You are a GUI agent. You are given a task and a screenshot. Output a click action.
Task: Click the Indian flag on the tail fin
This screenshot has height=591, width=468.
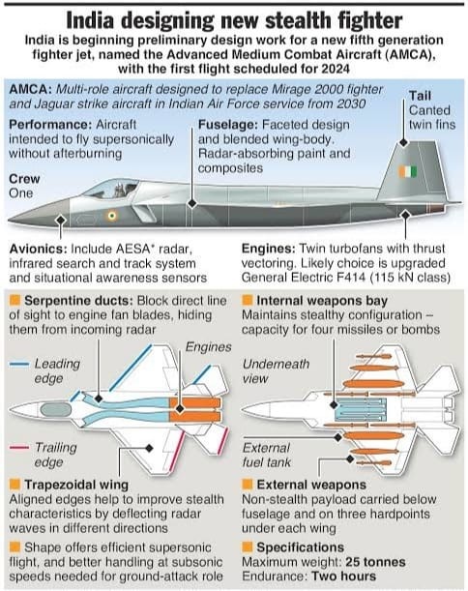[407, 171]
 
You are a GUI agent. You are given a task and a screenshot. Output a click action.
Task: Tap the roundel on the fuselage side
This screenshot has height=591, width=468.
[111, 216]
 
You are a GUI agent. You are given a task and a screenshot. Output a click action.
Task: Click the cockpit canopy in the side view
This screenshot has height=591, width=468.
[110, 189]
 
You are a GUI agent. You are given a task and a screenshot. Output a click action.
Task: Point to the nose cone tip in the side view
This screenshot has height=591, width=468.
[9, 221]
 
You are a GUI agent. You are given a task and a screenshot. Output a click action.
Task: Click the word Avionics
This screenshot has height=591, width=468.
[38, 249]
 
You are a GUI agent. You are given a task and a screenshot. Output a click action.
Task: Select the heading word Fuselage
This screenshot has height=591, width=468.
[228, 125]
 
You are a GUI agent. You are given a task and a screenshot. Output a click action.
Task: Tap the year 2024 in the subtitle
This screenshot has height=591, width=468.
[335, 69]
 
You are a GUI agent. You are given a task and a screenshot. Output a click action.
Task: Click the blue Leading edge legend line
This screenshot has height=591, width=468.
[19, 364]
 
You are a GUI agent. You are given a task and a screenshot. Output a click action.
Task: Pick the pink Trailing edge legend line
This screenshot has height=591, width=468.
[19, 448]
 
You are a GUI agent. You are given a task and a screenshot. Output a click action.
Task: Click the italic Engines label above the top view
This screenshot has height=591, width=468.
[209, 347]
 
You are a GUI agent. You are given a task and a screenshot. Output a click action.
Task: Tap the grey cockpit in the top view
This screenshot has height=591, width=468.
[55, 410]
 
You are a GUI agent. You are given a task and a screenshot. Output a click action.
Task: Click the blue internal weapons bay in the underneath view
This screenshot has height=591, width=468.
[361, 410]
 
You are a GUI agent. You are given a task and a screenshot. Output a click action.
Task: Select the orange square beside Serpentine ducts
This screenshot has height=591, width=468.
[15, 301]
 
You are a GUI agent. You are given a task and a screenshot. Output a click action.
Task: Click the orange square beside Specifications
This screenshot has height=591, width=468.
[248, 547]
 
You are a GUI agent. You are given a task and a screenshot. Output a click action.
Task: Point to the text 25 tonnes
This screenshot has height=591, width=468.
[375, 562]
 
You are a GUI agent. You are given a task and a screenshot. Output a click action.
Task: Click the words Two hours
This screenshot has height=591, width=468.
[343, 576]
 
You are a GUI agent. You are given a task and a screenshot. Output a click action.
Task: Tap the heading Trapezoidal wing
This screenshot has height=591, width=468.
[76, 485]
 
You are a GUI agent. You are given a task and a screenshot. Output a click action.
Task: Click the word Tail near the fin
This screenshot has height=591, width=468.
[421, 96]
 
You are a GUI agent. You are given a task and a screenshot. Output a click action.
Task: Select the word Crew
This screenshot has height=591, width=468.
[24, 179]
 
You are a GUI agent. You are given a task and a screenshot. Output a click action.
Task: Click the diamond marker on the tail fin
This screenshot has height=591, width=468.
[403, 143]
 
